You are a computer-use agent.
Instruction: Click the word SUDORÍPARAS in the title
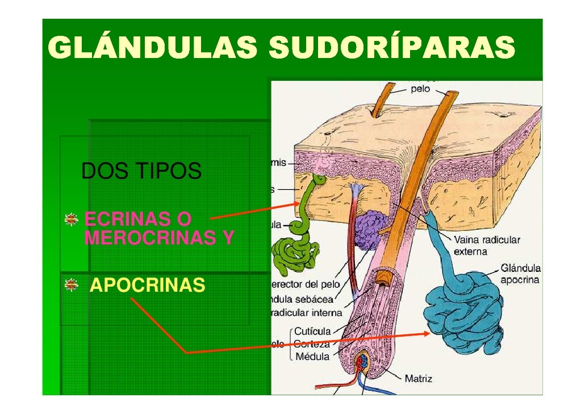tap(392, 48)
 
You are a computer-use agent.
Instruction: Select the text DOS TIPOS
tap(141, 171)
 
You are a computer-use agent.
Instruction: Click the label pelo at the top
tap(420, 89)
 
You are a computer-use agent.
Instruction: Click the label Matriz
tap(418, 378)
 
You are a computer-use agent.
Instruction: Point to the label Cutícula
tap(312, 331)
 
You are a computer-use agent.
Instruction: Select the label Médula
tap(312, 357)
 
